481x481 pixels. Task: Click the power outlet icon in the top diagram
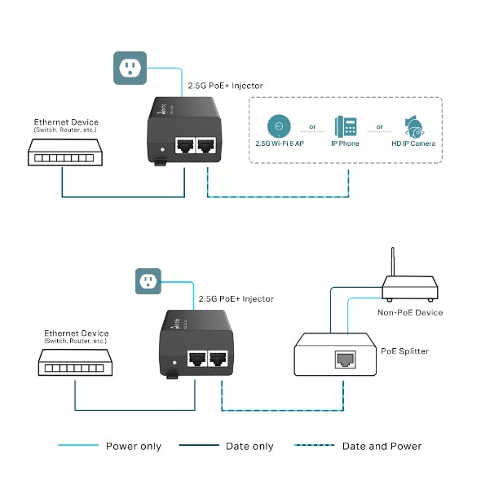[129, 68]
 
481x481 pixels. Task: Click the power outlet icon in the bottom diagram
[148, 282]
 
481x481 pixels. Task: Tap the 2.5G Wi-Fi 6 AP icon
[279, 126]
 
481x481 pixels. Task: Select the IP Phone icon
[346, 126]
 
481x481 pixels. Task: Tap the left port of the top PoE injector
[183, 146]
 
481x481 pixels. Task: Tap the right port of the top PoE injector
[206, 146]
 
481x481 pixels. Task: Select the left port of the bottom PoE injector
[197, 358]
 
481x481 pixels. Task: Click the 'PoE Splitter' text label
[404, 351]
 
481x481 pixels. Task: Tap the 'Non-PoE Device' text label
[410, 312]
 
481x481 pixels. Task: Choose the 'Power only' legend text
[134, 446]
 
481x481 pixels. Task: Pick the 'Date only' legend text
[250, 446]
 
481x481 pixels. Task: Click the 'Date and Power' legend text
[382, 446]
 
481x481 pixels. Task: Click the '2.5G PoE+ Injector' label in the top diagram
[225, 85]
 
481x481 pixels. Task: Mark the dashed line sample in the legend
[312, 446]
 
